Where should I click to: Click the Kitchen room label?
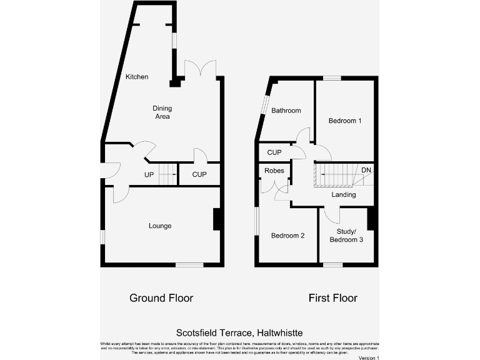tap(137, 77)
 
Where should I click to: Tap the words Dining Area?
tap(162, 112)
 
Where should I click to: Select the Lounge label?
tap(160, 226)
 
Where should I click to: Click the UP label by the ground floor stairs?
tap(149, 174)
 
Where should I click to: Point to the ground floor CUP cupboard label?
tap(199, 174)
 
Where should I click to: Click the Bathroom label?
tap(286, 111)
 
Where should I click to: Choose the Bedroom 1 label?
tap(345, 121)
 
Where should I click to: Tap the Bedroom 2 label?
tap(287, 236)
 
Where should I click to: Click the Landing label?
tap(344, 195)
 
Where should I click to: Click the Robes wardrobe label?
tap(274, 171)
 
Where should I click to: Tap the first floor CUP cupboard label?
tap(274, 152)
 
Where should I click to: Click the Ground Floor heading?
tap(161, 298)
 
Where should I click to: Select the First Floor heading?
tap(333, 298)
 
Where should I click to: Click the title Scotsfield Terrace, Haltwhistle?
tap(240, 334)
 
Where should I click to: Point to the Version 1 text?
tap(369, 357)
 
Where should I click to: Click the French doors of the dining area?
tap(201, 69)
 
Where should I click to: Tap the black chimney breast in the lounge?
tap(217, 219)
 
